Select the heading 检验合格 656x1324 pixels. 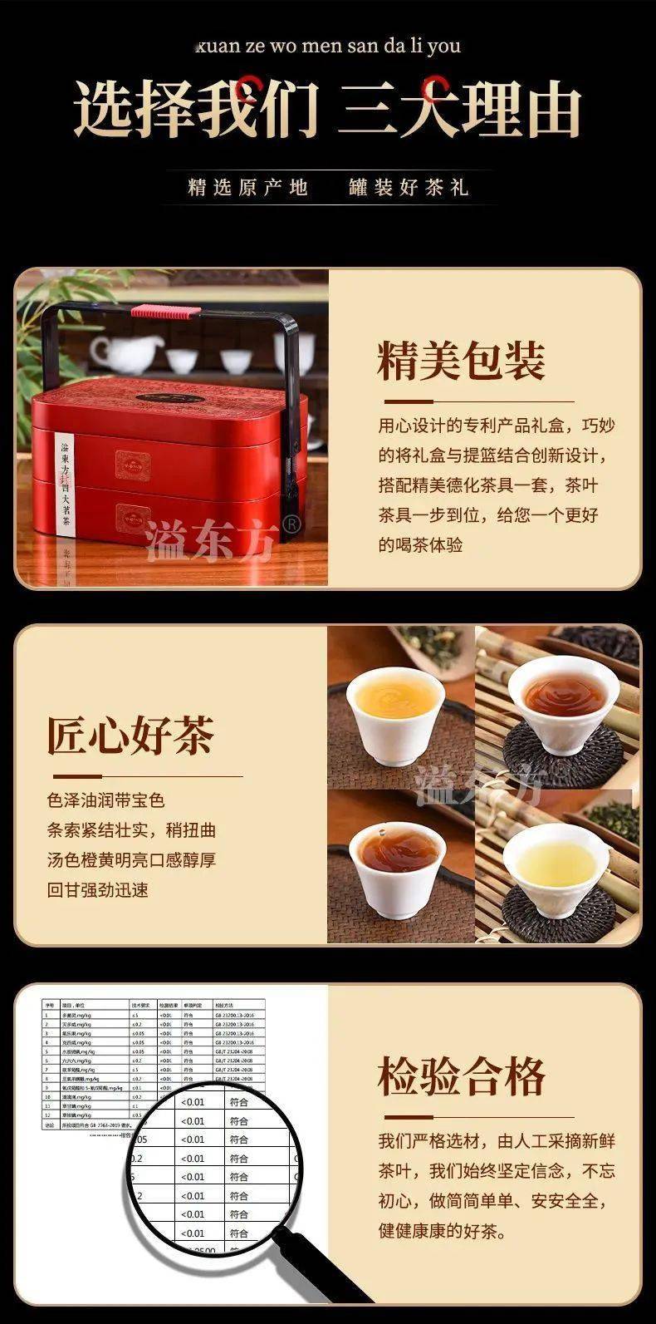462,1077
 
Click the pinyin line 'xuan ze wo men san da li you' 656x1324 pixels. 328,45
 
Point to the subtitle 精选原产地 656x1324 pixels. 247,187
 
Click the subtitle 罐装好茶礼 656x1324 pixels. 409,187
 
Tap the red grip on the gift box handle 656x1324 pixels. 165,312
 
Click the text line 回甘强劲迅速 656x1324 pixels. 98,889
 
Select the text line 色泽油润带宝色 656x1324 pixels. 106,800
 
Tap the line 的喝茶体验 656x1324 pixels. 421,545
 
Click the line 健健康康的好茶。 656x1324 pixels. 443,1231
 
